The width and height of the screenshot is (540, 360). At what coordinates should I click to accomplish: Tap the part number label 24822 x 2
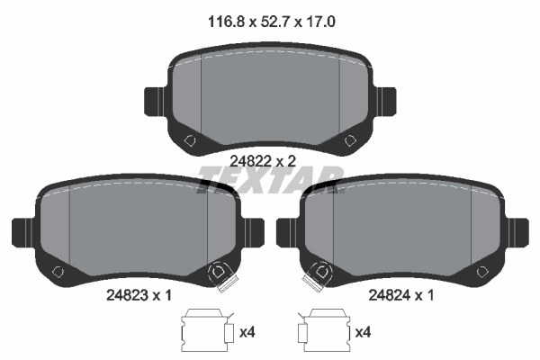(x=263, y=160)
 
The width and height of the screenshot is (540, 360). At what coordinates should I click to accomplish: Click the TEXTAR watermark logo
(x=270, y=175)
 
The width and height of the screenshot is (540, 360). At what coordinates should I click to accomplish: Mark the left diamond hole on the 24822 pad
(x=189, y=140)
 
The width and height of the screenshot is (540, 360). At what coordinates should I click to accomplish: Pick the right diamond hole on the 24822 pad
(x=349, y=140)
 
